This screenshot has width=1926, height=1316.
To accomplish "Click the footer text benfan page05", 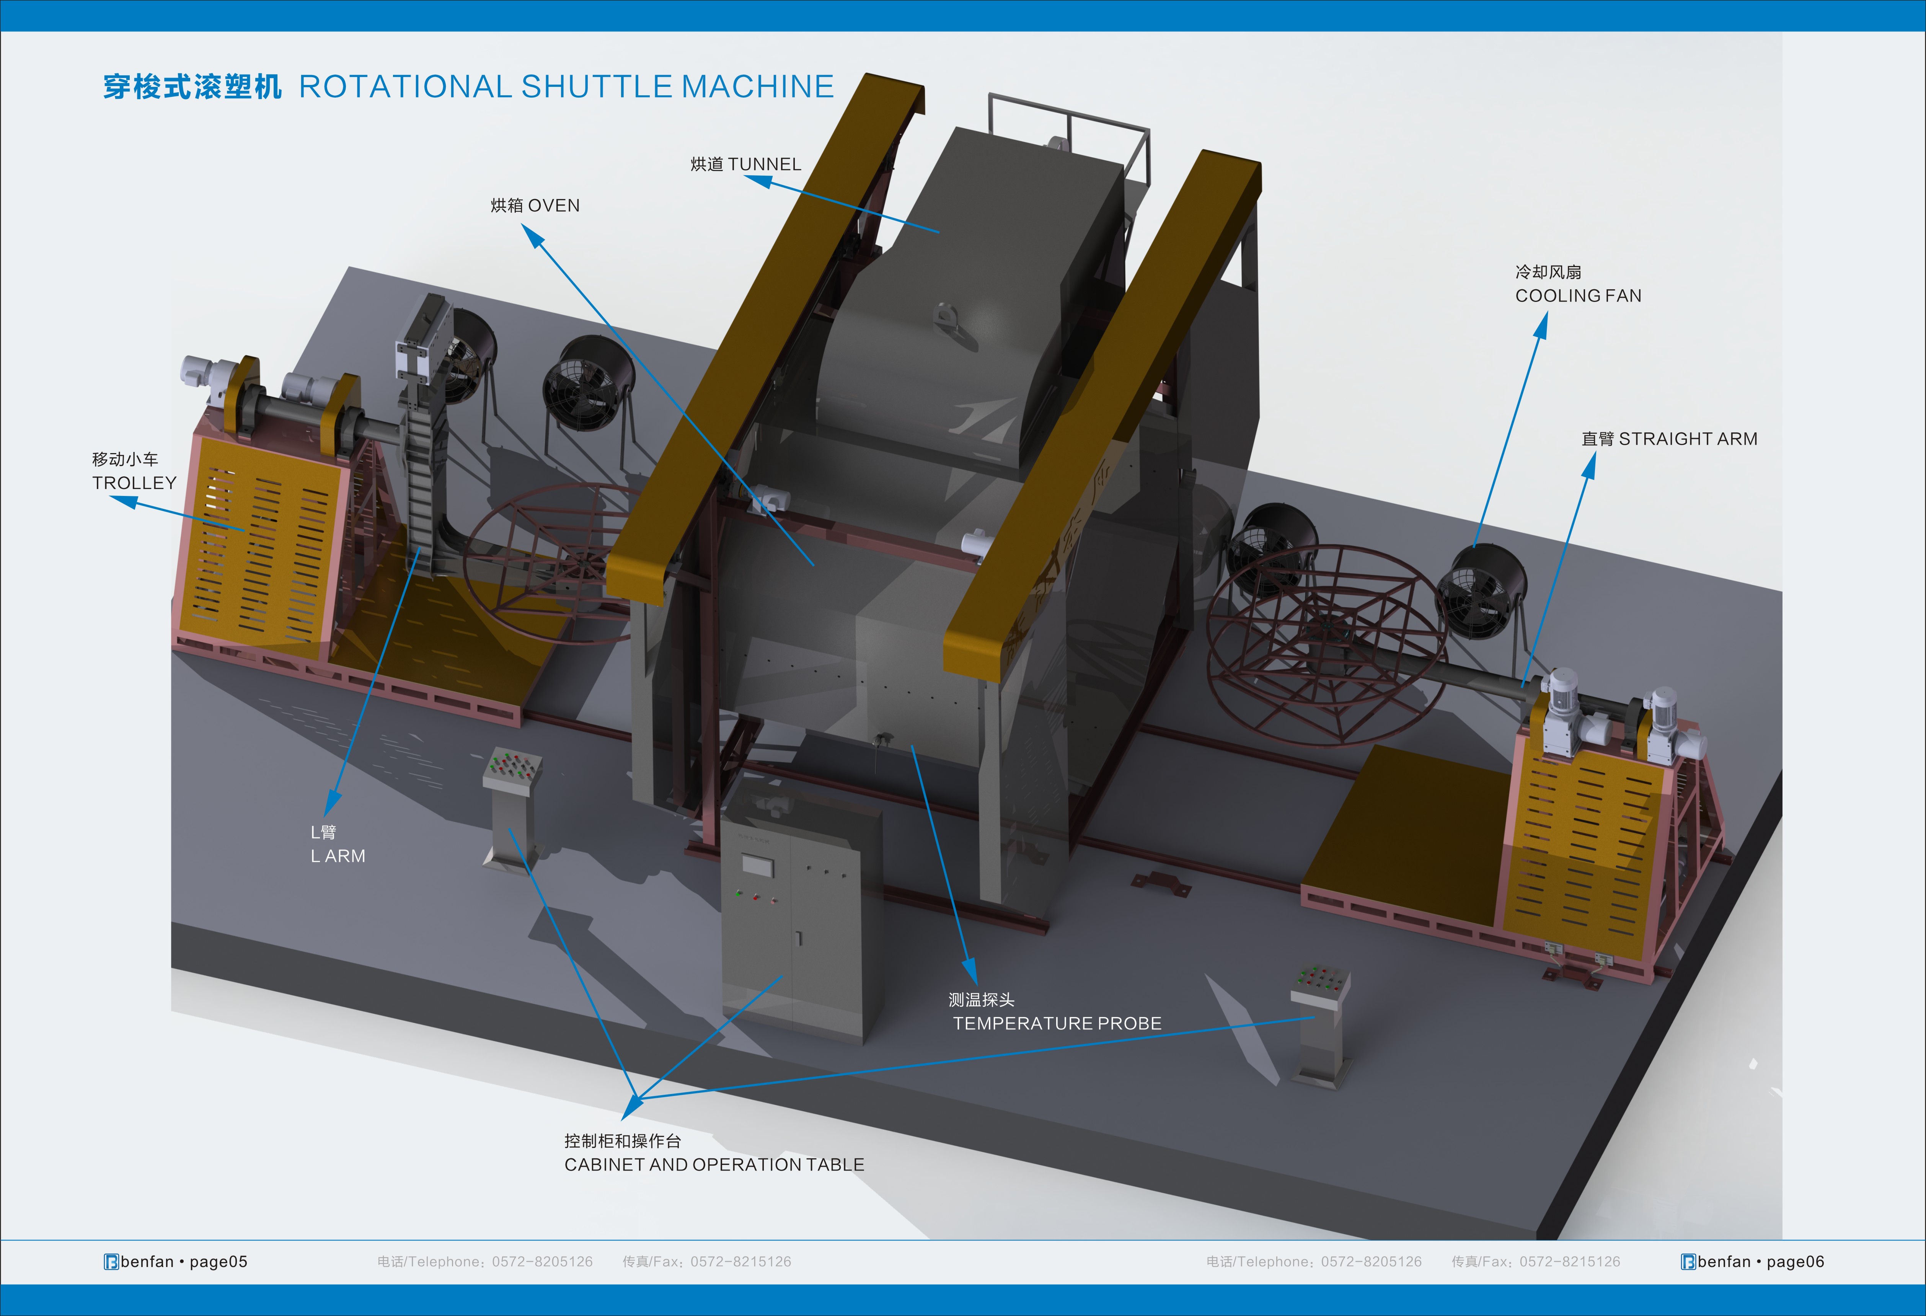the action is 176,1261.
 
